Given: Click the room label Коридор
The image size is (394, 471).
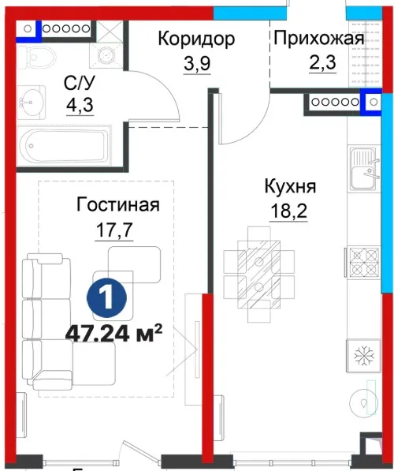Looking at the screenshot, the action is pos(196,39).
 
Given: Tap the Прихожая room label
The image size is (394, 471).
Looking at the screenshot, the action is pos(319,39).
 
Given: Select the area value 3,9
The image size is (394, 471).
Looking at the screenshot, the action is pos(197,63).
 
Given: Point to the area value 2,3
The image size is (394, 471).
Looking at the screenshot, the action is pos(322,63).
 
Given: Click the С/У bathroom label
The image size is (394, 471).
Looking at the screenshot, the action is pos(80,83).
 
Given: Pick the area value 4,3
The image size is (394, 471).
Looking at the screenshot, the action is pos(80,105).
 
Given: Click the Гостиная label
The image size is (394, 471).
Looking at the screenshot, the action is pos(118,204).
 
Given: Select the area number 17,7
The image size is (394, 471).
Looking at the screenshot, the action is pos(114,230).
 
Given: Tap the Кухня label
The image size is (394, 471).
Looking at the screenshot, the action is pos(290,186).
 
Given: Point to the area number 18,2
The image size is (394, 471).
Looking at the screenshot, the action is pos(288,211).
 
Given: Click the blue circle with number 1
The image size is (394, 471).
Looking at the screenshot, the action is pos(106,298).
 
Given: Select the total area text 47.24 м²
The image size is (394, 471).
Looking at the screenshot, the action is pos(113,333).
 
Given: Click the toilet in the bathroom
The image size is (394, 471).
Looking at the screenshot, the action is pos(37,57).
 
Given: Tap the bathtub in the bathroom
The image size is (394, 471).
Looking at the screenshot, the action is pos(64,145).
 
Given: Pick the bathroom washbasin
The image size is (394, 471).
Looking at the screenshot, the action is pos(31,101).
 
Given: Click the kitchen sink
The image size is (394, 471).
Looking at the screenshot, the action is pos(364,169).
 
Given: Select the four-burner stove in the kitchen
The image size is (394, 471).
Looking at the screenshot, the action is pos(364,260).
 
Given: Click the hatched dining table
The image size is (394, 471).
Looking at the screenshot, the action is pos(258,275).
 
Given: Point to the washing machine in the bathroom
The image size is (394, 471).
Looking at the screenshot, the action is pos(106,55).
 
